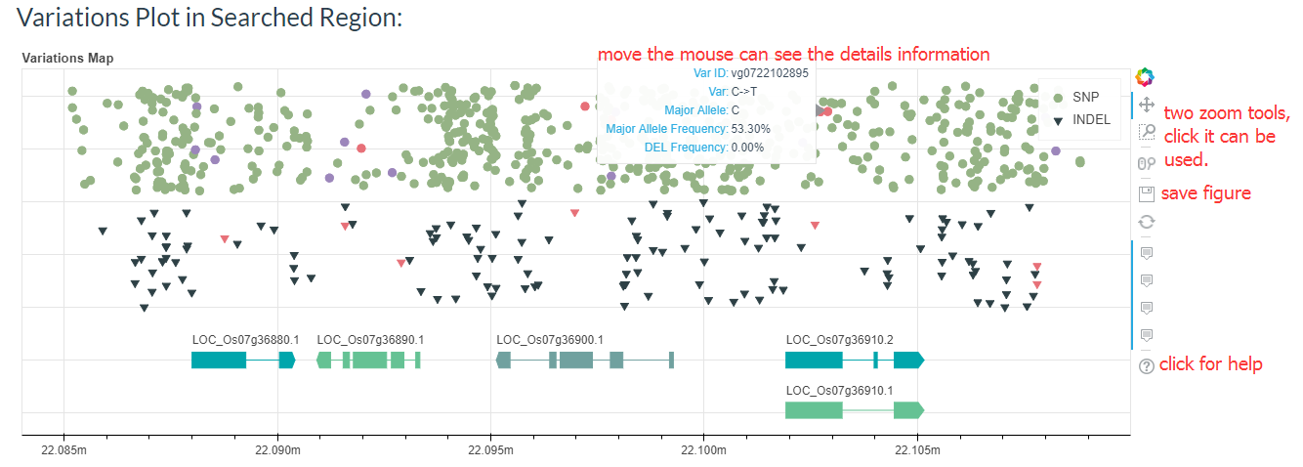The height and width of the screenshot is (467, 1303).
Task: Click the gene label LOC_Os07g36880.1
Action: pos(245,340)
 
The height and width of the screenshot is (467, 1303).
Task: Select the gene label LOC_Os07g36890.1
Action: pos(370,340)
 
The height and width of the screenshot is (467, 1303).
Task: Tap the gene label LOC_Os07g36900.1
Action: pos(550,340)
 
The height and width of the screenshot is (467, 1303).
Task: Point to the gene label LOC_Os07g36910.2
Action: pos(839,340)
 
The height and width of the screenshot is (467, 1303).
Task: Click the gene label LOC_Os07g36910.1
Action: pos(839,390)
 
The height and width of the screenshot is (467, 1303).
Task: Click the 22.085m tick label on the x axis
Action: pos(64,450)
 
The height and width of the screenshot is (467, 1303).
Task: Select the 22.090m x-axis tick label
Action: pos(277,450)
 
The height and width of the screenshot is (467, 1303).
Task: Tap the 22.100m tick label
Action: pos(704,450)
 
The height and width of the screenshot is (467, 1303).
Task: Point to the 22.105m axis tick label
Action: pos(917,450)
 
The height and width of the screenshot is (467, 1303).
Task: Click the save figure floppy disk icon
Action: pos(1146,193)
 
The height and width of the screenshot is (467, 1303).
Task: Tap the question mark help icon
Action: pos(1146,365)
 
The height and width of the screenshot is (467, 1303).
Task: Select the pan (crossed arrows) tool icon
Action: pos(1146,105)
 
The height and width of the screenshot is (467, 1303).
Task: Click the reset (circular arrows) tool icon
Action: pos(1146,222)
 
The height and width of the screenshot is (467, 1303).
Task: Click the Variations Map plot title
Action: pos(67,59)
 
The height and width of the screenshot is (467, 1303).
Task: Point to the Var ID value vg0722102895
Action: pos(770,73)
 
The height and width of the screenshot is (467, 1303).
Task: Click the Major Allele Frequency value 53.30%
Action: pos(750,129)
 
